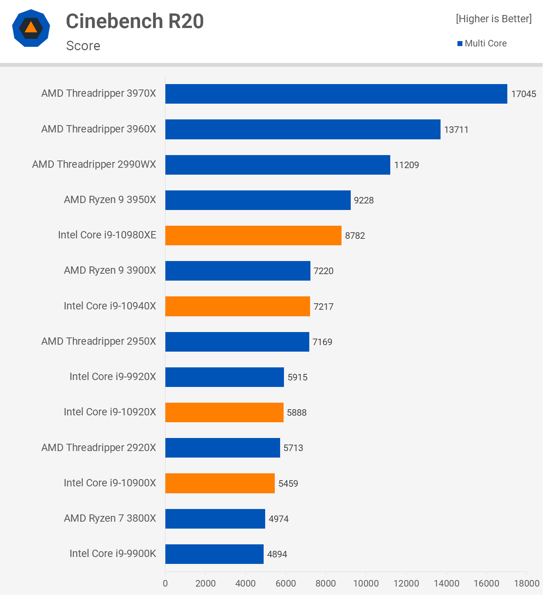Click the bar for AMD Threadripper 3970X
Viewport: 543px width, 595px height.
pos(336,94)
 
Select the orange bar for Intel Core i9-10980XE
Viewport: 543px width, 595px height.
pos(253,235)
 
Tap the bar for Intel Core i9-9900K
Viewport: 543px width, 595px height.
pos(214,554)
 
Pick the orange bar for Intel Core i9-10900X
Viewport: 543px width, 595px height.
pos(220,483)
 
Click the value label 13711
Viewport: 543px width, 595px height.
pos(456,130)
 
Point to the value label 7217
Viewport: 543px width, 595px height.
pos(323,307)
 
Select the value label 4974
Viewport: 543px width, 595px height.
pos(278,519)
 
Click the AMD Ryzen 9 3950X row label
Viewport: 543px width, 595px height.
pos(110,200)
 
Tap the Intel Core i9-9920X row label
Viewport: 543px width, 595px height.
pos(113,377)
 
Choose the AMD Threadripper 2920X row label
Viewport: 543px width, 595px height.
pos(99,448)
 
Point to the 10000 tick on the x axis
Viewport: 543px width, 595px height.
pos(366,583)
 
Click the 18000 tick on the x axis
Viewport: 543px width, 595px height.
pos(526,583)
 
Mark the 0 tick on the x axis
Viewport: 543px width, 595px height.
pos(165,583)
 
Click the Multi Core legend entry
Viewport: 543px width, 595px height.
pos(482,43)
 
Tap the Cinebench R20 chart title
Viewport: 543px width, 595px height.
pos(135,21)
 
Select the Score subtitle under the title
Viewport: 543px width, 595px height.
pos(83,46)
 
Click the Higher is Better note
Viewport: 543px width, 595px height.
pos(493,19)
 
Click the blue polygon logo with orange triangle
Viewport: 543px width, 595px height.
pos(31,28)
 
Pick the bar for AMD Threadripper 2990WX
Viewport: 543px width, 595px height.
pos(277,165)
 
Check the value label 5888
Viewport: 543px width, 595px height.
pos(297,413)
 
